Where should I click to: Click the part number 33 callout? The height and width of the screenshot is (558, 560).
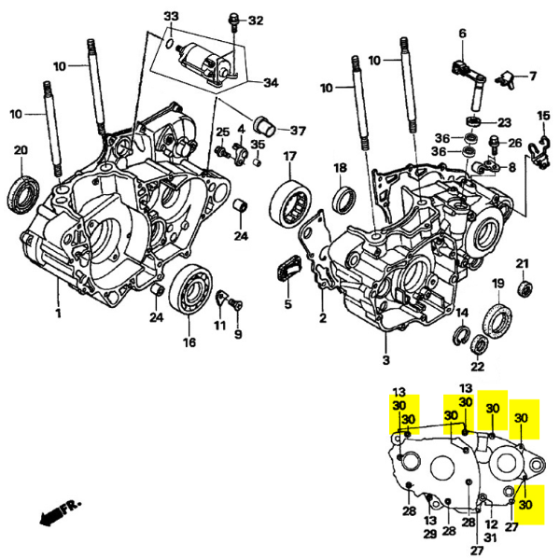coord(171,18)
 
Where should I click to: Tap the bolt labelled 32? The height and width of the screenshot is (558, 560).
coord(233,20)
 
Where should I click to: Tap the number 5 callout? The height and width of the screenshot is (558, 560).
coord(287,303)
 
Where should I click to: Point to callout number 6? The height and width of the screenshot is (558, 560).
coord(461,35)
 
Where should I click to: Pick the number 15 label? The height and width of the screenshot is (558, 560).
coord(544,115)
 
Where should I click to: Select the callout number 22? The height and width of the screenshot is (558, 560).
coord(478,367)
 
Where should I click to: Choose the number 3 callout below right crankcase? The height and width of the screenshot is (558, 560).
coord(385,359)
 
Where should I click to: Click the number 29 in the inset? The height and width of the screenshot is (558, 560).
coord(430,534)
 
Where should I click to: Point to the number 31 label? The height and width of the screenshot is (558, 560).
coord(491,526)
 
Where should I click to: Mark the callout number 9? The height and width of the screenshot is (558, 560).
coord(238,335)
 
